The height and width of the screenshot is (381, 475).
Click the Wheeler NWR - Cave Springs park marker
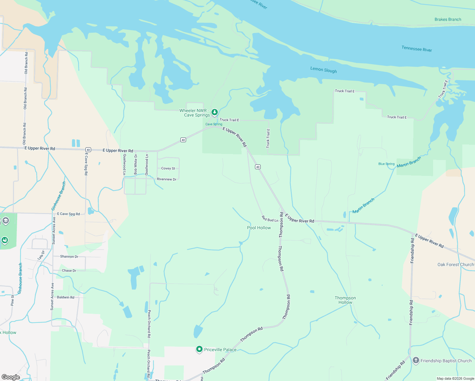tap(215, 112)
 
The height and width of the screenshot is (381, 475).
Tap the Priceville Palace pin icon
tap(199, 349)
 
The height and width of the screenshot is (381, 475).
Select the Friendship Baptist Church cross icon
tap(416, 360)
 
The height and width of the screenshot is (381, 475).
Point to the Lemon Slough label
tap(324, 70)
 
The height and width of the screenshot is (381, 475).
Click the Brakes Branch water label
tap(448, 19)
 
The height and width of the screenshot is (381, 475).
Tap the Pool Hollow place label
tap(259, 228)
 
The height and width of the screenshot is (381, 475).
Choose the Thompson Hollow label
tap(345, 300)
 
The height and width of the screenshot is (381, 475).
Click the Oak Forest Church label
tap(455, 264)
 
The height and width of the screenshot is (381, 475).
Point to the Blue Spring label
tap(386, 164)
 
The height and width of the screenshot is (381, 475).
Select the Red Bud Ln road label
tap(270, 219)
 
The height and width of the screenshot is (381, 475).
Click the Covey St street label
tap(168, 168)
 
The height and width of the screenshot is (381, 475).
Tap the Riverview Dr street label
tap(166, 179)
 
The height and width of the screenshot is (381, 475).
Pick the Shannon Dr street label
tap(69, 257)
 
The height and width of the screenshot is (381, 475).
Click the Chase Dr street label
tap(69, 271)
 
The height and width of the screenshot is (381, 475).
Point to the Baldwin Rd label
tap(65, 297)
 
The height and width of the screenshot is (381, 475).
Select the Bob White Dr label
tap(136, 164)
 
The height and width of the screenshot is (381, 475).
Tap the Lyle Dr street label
tap(41, 255)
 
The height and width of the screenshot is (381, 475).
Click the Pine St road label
tap(12, 300)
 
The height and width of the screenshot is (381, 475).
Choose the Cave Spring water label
tap(214, 124)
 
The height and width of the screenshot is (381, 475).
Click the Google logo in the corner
tap(11, 377)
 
